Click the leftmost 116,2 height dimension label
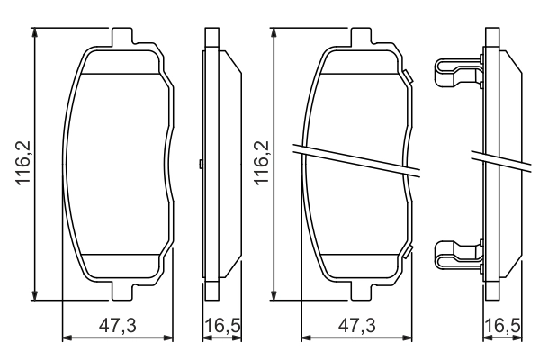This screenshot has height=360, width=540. [23, 163]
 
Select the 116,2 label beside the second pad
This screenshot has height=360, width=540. [262, 163]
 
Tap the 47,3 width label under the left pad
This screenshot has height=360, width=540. [118, 325]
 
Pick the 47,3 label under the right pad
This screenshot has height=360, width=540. [356, 325]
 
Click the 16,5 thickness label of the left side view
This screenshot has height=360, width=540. [222, 325]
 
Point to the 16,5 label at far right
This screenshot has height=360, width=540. [503, 325]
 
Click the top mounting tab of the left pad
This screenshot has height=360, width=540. [122, 37]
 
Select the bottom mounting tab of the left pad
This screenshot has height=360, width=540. [122, 291]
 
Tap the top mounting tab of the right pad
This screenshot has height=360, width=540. [362, 37]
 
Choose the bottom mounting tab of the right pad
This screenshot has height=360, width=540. [362, 291]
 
